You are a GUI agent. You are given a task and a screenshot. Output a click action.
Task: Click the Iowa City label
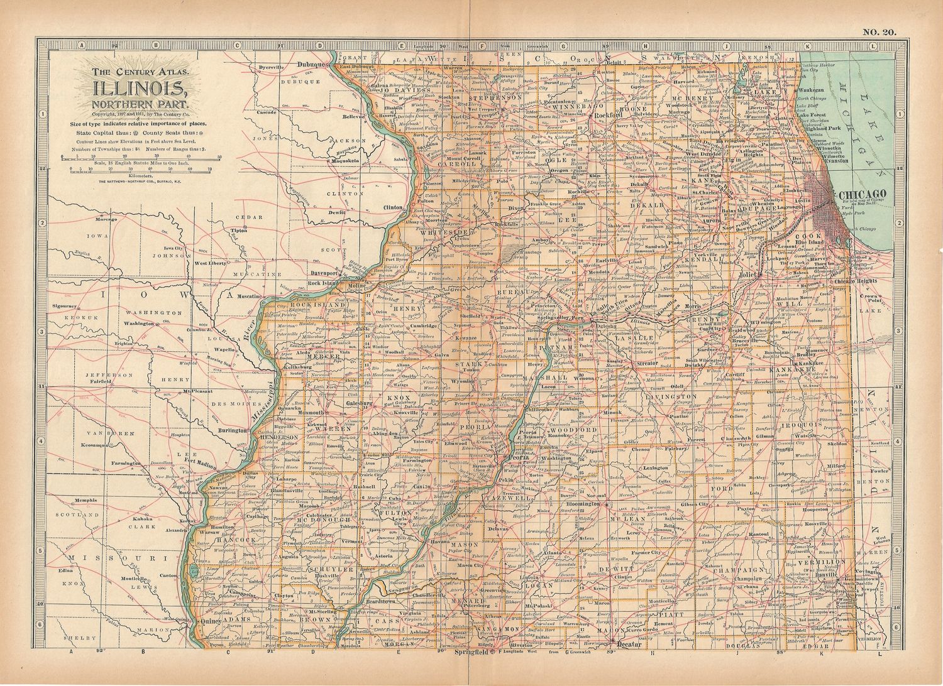click(x=173, y=249)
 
